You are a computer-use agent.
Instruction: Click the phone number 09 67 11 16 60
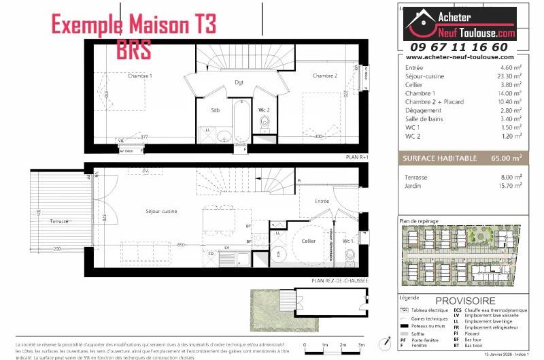(459, 47)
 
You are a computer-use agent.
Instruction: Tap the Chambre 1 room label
(140, 76)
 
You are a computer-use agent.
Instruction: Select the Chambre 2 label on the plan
(325, 76)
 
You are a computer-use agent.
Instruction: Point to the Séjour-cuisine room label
(161, 212)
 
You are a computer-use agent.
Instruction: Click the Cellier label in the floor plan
(309, 241)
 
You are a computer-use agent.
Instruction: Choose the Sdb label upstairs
(215, 110)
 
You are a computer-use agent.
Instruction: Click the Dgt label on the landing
(239, 83)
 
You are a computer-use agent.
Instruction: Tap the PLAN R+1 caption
(357, 157)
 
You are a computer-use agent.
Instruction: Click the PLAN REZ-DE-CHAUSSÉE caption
(340, 280)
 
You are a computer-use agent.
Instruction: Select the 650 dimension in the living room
(181, 244)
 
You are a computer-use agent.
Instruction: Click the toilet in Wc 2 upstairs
(265, 123)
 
